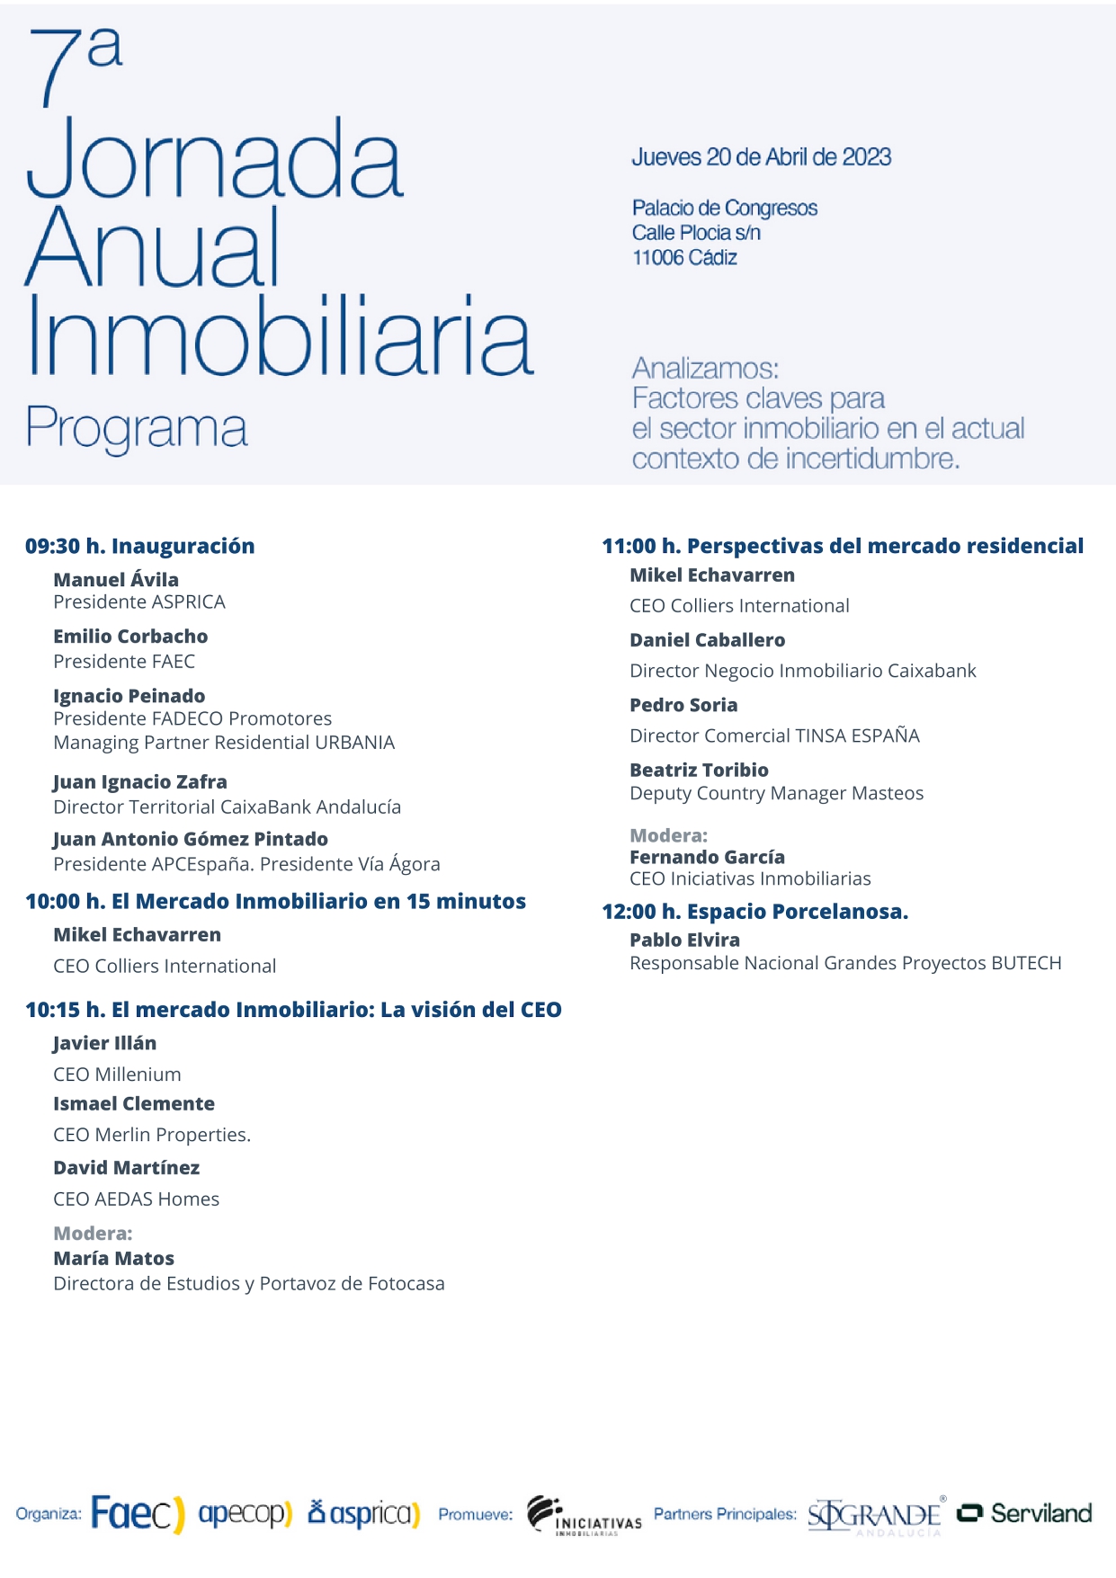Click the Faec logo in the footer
coord(138,1513)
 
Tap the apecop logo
coord(245,1513)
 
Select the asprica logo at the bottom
coord(364,1513)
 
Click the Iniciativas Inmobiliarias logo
coord(584,1515)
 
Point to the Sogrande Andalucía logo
coord(875,1516)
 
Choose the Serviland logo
coord(1024,1513)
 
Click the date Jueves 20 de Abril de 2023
coord(761,157)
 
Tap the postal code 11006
coord(657,258)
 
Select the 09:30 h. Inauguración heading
coord(140,546)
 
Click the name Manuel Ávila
coord(116,580)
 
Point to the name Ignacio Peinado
coord(129,696)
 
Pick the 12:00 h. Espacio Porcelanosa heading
coord(754,912)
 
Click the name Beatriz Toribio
coord(699,770)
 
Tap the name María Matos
coord(113,1259)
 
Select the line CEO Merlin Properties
coord(152,1135)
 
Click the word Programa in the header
coord(136,429)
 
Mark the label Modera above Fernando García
coord(668,835)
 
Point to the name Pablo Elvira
coord(684,940)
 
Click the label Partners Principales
coord(725,1514)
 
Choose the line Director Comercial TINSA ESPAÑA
coord(774,736)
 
